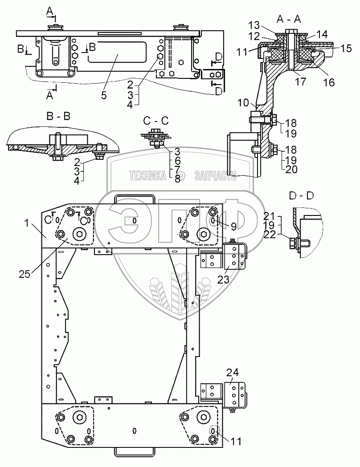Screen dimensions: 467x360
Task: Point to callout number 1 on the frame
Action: pos(29,224)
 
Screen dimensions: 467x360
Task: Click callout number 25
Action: pos(25,274)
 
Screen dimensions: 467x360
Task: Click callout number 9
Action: pos(233,226)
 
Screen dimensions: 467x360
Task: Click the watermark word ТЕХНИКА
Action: pos(147,176)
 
